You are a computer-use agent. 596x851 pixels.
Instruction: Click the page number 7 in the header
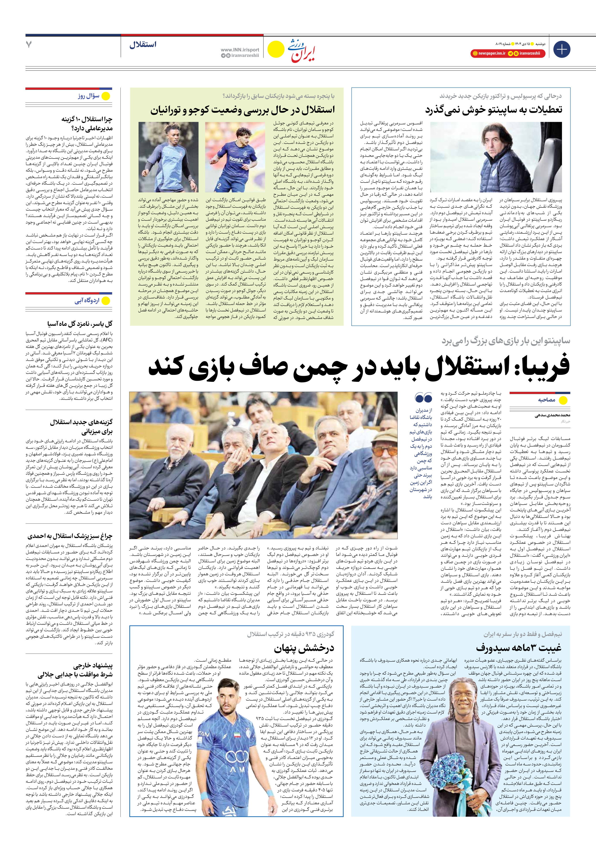point(29,45)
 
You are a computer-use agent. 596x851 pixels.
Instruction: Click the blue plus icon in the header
point(561,50)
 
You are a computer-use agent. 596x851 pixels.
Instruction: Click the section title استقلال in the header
point(143,45)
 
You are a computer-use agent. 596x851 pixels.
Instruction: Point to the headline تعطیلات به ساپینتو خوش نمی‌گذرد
point(493,110)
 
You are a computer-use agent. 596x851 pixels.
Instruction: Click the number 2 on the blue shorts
point(219,186)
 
